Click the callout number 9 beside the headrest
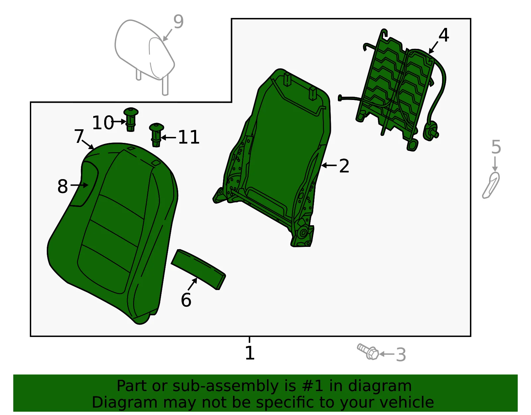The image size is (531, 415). [179, 22]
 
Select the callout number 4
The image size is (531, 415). [443, 35]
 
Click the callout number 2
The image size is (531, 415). [344, 166]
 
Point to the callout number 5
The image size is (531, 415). [496, 147]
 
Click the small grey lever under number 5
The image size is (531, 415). [491, 185]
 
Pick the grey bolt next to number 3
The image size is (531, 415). [368, 352]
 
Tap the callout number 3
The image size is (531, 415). [401, 354]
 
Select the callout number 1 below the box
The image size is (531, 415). [250, 353]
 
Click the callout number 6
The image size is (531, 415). [186, 300]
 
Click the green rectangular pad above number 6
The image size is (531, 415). [198, 269]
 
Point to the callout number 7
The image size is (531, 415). [79, 136]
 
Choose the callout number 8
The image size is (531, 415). [62, 186]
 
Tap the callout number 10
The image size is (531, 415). [103, 123]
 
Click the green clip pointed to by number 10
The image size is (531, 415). [131, 120]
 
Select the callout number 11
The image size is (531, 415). [189, 137]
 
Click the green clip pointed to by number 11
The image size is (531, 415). [156, 135]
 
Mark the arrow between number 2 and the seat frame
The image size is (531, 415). [329, 165]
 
